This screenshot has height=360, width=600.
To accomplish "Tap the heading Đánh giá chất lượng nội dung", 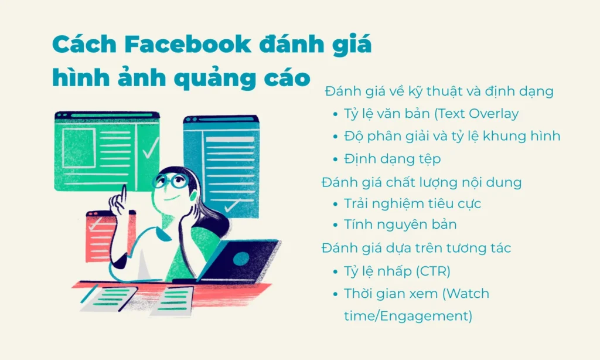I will click(x=421, y=182).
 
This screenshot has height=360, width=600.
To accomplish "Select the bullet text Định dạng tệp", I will click(x=392, y=159).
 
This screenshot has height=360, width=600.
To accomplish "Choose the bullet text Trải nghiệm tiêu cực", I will click(x=412, y=204).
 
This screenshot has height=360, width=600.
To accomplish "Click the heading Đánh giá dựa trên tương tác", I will click(x=416, y=248).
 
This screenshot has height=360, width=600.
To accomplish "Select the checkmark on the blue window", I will click(x=232, y=206).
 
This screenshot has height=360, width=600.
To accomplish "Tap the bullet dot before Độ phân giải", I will click(x=335, y=137).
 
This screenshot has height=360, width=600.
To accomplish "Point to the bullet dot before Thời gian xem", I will click(x=335, y=294).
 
